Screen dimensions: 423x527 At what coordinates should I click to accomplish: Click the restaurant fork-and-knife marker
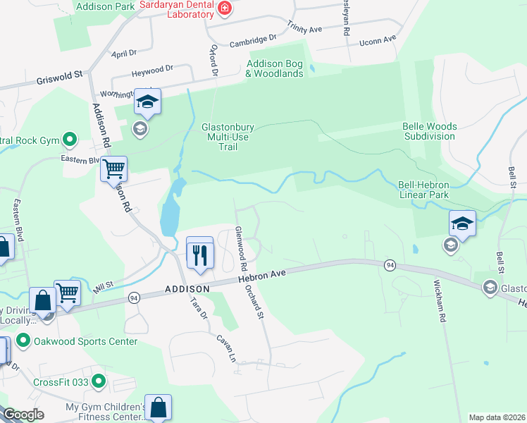[200, 253]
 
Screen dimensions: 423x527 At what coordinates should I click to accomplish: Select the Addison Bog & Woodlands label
[274, 68]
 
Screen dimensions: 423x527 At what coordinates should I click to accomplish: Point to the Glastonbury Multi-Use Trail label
[226, 137]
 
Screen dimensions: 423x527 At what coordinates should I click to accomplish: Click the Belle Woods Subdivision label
[430, 131]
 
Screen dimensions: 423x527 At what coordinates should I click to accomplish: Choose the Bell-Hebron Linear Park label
[423, 189]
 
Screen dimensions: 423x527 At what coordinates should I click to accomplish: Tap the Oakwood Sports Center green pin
[23, 341]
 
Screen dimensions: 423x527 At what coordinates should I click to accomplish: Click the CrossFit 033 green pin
[98, 382]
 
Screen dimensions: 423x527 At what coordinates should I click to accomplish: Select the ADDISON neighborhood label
[187, 289]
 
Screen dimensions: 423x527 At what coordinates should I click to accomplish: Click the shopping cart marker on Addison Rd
[113, 168]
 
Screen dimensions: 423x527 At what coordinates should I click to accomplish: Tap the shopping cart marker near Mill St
[67, 291]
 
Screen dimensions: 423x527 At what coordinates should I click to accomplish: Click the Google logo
[23, 415]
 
